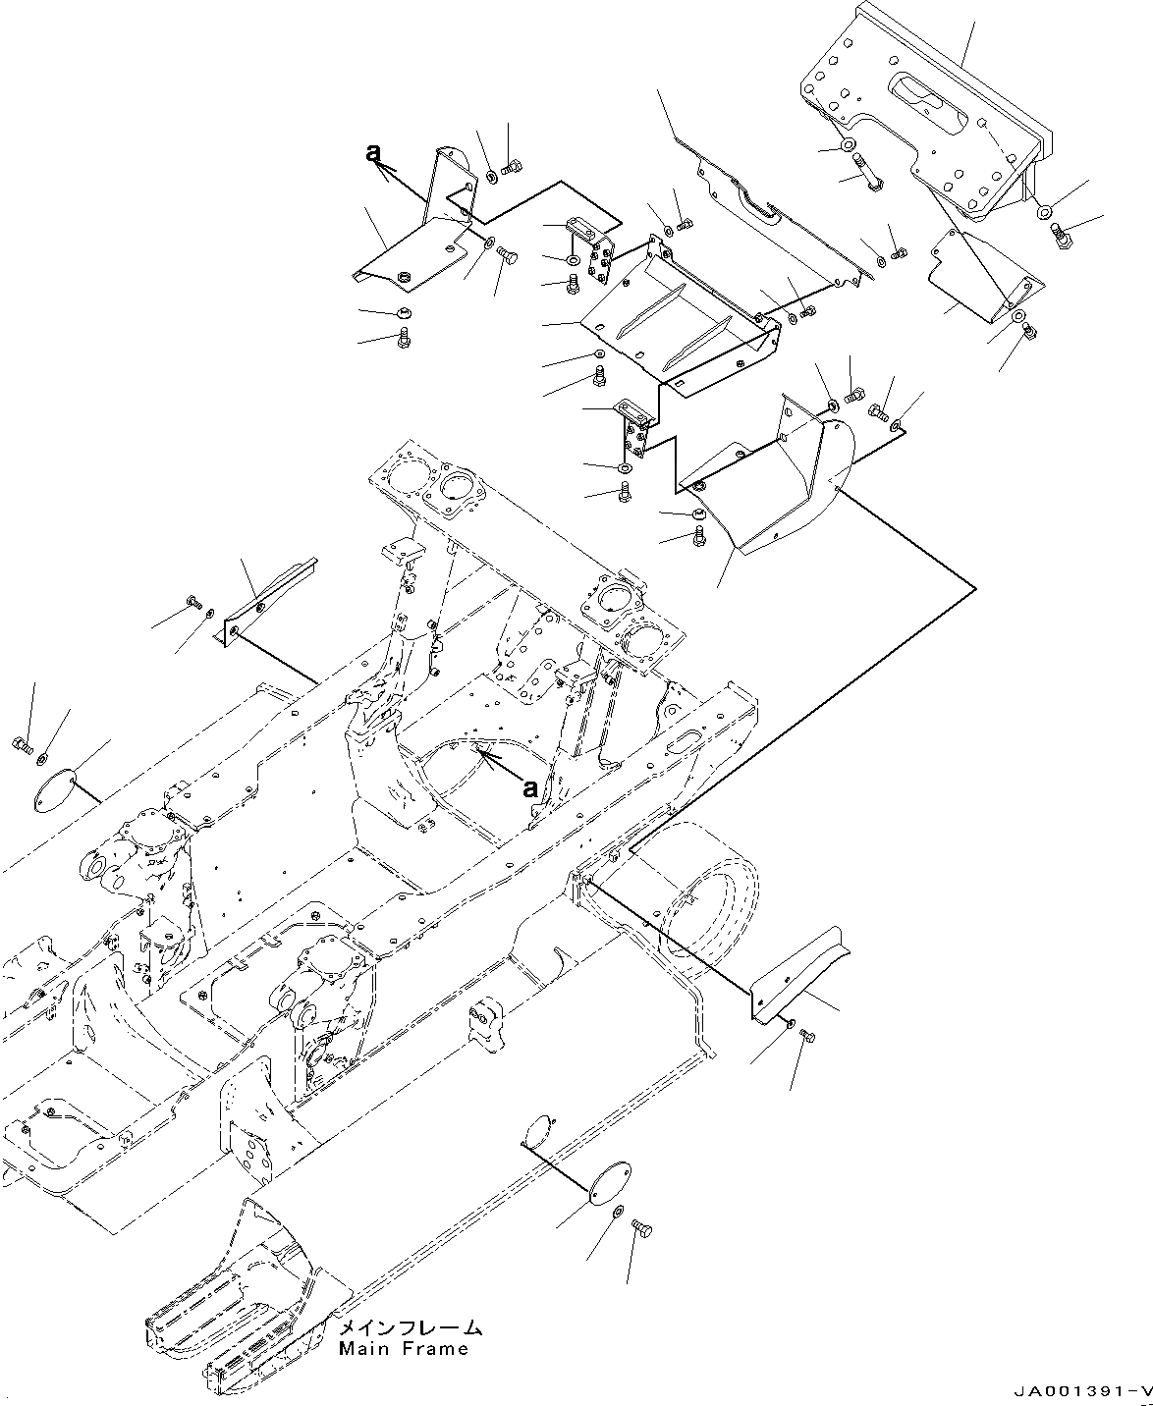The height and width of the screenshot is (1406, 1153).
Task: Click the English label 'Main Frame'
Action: pyautogui.click(x=404, y=1349)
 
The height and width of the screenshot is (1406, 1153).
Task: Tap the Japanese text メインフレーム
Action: pyautogui.click(x=410, y=1328)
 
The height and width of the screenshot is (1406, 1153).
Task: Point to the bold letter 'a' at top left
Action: pyautogui.click(x=372, y=152)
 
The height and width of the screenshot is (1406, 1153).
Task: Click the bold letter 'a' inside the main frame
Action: pyautogui.click(x=530, y=787)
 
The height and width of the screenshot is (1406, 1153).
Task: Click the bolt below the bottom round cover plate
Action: pyautogui.click(x=642, y=1227)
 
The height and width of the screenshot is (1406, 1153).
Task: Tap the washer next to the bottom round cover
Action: pyautogui.click(x=615, y=1215)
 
